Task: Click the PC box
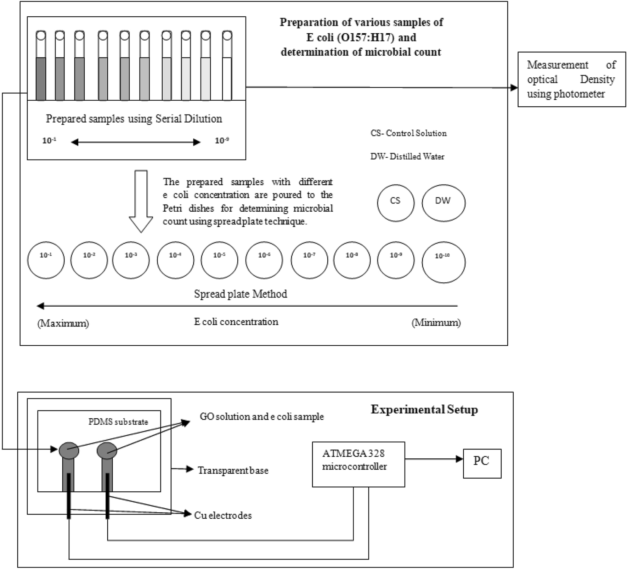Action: [482, 463]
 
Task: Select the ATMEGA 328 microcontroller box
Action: [358, 464]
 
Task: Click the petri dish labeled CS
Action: [395, 203]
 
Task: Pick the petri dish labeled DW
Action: [443, 203]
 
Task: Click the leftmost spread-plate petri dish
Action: [46, 260]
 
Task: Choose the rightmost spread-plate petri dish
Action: [443, 262]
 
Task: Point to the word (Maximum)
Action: [63, 323]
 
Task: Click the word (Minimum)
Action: [436, 323]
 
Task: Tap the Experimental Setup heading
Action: [424, 409]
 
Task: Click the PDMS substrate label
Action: [118, 422]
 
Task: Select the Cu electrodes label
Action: [223, 515]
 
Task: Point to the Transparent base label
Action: [233, 470]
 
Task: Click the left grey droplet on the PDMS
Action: [69, 450]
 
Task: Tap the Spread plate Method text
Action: [240, 294]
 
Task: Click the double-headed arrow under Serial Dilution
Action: [136, 143]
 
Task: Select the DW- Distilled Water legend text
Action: [407, 156]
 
